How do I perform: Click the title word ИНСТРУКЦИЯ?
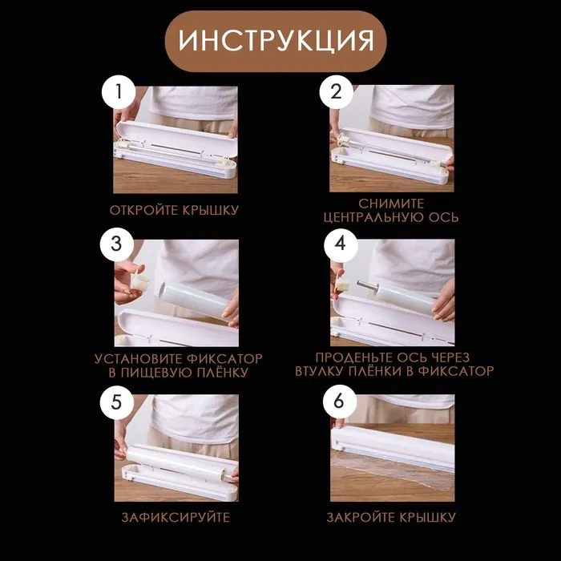tap(276, 40)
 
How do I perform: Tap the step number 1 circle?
tap(119, 92)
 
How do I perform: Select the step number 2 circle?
tap(336, 91)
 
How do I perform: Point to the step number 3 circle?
tap(117, 244)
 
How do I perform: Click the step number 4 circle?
tap(341, 245)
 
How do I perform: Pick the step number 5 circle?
tap(117, 402)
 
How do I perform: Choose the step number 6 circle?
tap(339, 402)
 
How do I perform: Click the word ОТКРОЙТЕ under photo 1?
tap(144, 210)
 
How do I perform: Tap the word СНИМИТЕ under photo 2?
tap(391, 204)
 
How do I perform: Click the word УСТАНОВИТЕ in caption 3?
tap(139, 359)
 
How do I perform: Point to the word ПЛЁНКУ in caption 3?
tap(222, 373)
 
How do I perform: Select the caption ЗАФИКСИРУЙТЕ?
tap(176, 518)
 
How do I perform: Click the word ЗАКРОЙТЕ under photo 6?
tap(361, 518)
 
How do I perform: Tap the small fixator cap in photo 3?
tap(139, 280)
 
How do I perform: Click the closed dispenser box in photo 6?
tap(393, 447)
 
